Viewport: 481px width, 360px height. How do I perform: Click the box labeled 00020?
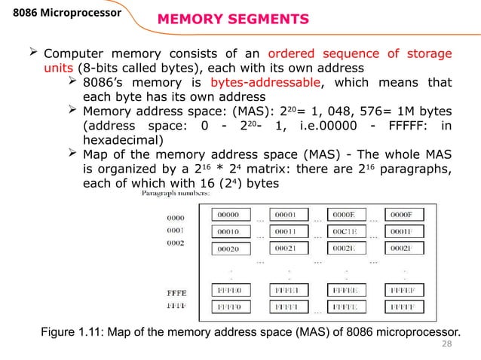click(x=231, y=249)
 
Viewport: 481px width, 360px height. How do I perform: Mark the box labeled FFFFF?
click(x=406, y=308)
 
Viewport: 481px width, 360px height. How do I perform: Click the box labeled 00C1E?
click(x=348, y=231)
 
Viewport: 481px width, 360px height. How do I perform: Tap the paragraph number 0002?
click(x=175, y=244)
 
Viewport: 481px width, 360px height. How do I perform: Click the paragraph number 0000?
click(x=175, y=218)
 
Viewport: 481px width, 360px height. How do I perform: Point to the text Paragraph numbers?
click(x=170, y=194)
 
